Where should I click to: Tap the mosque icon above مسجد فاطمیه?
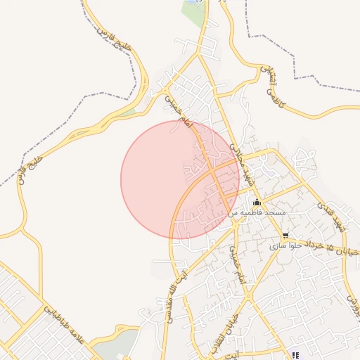257,202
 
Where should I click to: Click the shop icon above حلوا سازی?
285,236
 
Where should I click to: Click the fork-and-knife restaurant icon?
295,354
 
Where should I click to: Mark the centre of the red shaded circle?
180,179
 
